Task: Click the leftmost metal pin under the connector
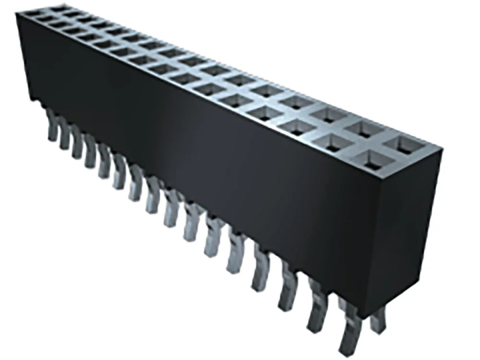pos(52,126)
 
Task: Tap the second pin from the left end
pos(64,135)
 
